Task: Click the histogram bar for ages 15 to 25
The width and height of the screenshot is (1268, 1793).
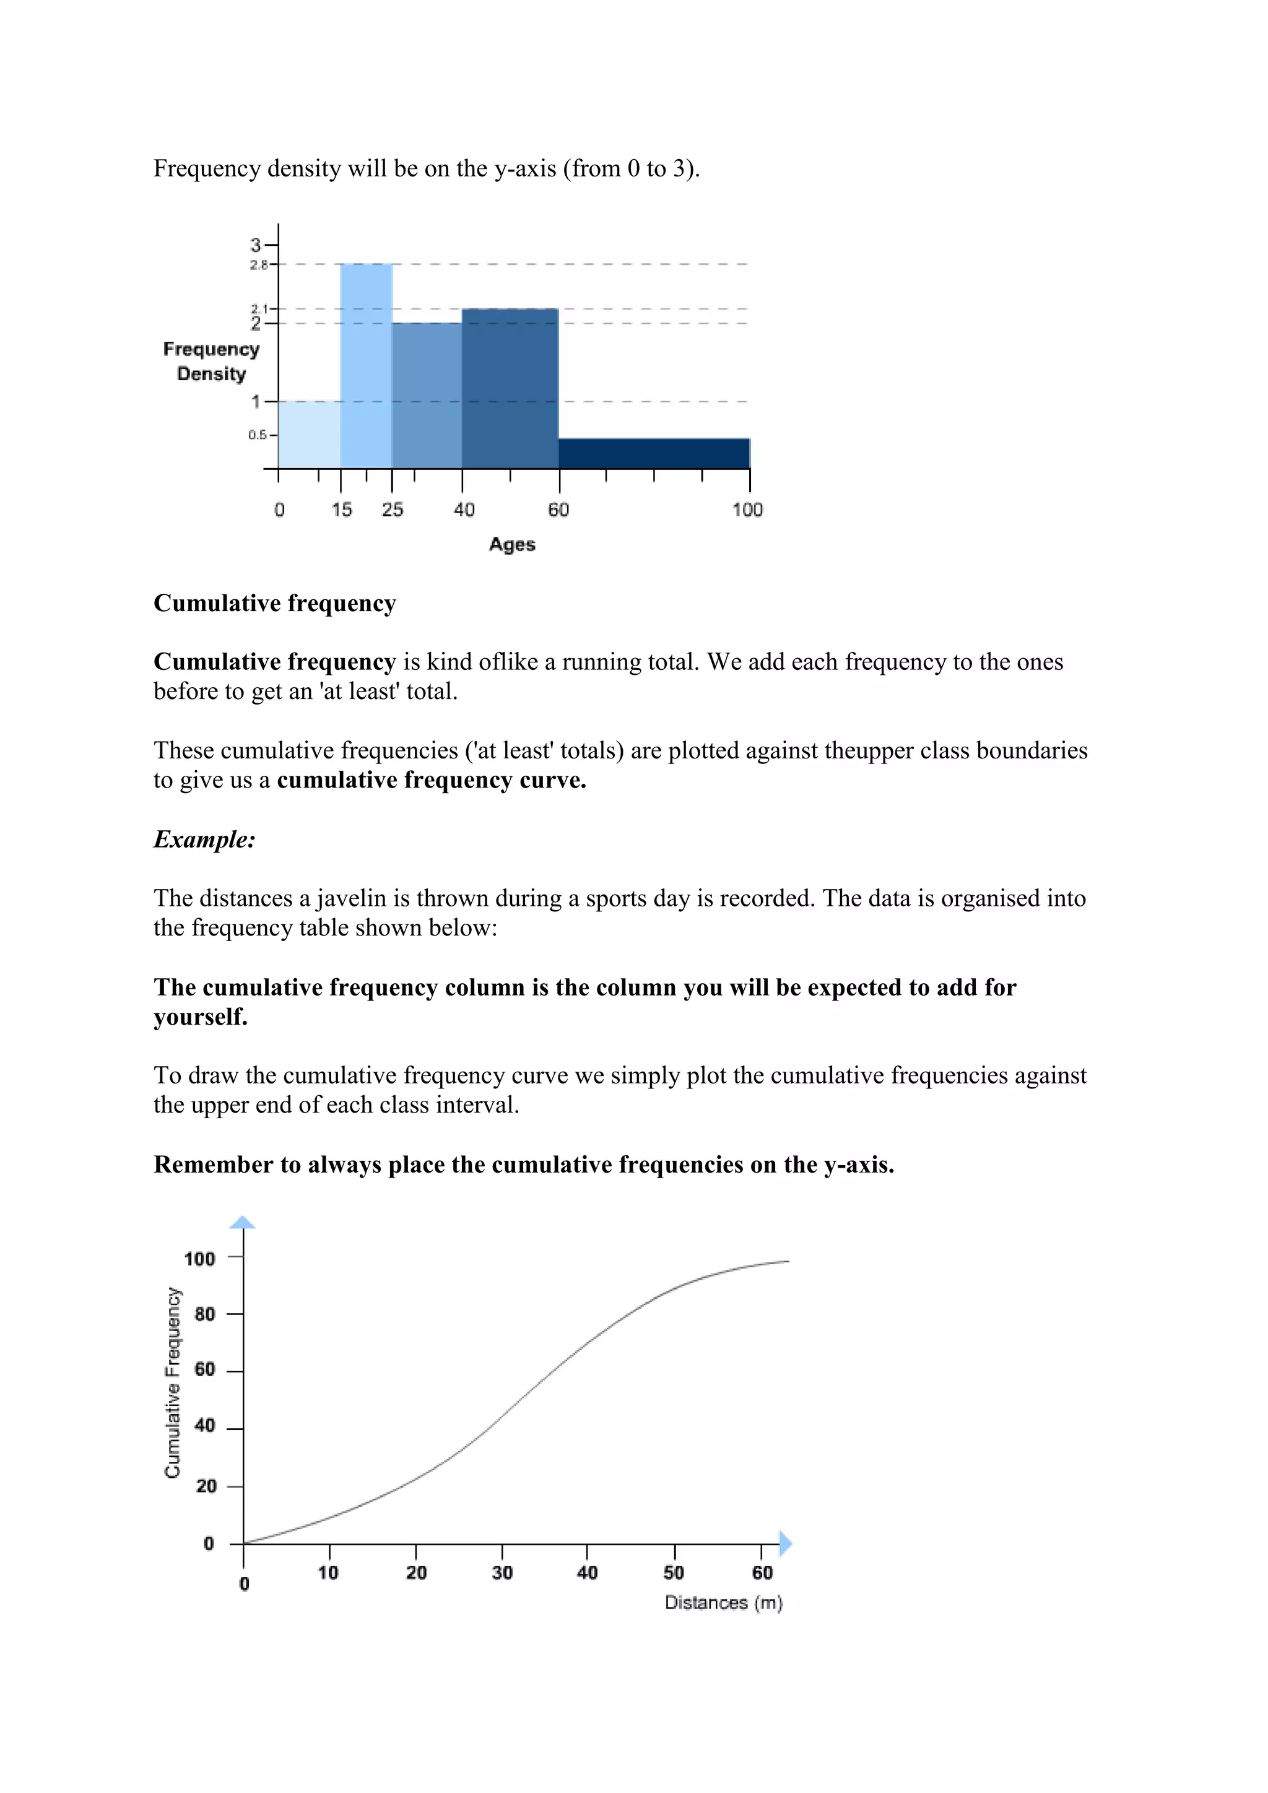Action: (366, 367)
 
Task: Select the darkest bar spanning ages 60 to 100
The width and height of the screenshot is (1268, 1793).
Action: (654, 454)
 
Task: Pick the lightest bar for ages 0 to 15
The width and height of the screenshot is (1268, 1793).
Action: (309, 435)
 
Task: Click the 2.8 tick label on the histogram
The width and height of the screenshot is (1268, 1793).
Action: (258, 266)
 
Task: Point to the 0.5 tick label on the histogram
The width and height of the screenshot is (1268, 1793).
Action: (257, 435)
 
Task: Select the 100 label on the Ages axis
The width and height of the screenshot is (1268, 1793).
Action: (747, 510)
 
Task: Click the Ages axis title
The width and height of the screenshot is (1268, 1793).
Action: (512, 544)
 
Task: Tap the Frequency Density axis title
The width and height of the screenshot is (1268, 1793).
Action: (211, 361)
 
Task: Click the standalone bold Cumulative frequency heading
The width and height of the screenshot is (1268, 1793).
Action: (275, 603)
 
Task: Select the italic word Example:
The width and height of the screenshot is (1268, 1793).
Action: (204, 840)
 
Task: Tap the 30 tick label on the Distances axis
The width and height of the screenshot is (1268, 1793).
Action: (502, 1573)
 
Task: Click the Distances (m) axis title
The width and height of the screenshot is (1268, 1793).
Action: (723, 1602)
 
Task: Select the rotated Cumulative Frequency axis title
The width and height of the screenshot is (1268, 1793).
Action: (173, 1383)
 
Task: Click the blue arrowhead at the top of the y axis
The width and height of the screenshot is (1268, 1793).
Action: (243, 1222)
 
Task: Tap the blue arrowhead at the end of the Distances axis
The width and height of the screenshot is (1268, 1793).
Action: (786, 1543)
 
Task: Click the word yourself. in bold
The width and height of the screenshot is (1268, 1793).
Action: (200, 1017)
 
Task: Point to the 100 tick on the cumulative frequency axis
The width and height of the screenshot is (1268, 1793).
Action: (200, 1259)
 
